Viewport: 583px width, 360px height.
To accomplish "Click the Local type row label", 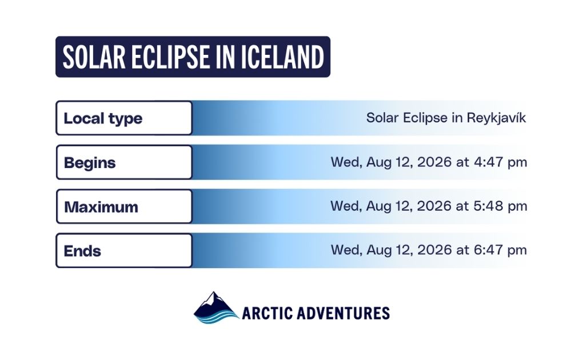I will [x=103, y=118].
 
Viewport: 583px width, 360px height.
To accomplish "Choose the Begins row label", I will [x=90, y=163].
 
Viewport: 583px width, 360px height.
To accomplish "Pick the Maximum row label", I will [x=101, y=207].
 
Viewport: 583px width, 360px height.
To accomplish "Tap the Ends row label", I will [x=82, y=251].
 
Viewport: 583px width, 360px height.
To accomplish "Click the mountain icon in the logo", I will [x=216, y=308].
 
